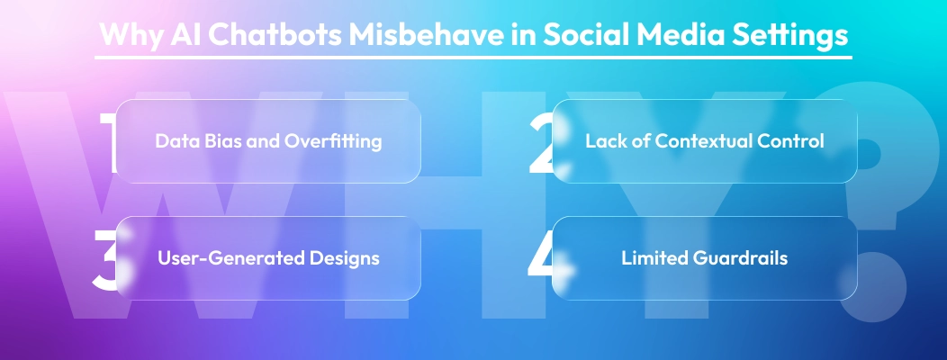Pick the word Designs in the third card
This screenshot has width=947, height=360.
pos(346,258)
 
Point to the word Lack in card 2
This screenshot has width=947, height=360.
pos(604,141)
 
